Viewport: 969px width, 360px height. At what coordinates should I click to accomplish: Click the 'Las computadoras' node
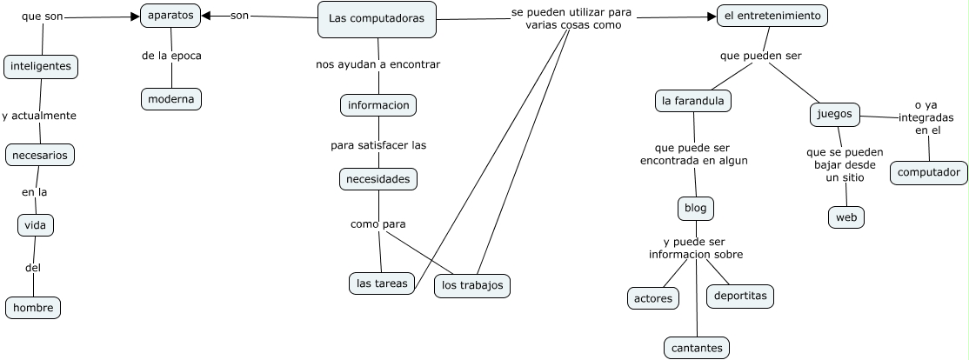pos(377,19)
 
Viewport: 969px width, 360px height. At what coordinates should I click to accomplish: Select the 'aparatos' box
pos(170,16)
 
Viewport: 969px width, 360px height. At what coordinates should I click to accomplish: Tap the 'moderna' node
pos(171,99)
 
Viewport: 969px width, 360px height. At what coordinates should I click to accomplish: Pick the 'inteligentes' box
pos(41,66)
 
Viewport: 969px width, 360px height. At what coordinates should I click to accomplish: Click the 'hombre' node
pos(33,307)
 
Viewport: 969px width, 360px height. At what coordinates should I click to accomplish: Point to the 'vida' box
pos(36,225)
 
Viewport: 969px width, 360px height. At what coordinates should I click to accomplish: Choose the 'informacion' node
pos(378,105)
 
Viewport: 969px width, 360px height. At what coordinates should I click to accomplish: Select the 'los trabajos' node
pos(472,285)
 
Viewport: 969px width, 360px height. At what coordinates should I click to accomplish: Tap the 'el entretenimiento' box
pos(772,16)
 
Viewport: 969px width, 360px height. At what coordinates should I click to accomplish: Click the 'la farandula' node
pos(693,101)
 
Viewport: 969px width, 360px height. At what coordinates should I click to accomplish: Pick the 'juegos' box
pos(835,114)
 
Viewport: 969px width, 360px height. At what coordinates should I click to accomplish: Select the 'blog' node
pos(696,209)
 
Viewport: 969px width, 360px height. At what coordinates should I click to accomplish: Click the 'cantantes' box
pos(697,348)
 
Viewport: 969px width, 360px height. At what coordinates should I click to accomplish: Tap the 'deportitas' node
pos(740,296)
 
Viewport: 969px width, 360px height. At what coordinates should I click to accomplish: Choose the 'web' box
pos(845,217)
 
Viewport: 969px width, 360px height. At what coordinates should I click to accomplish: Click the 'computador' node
pos(929,173)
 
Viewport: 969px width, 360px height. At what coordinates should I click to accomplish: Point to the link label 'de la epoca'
pos(171,56)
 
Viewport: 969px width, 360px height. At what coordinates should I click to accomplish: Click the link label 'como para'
pos(378,224)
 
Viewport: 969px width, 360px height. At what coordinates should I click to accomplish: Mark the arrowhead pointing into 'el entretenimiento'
pos(712,16)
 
